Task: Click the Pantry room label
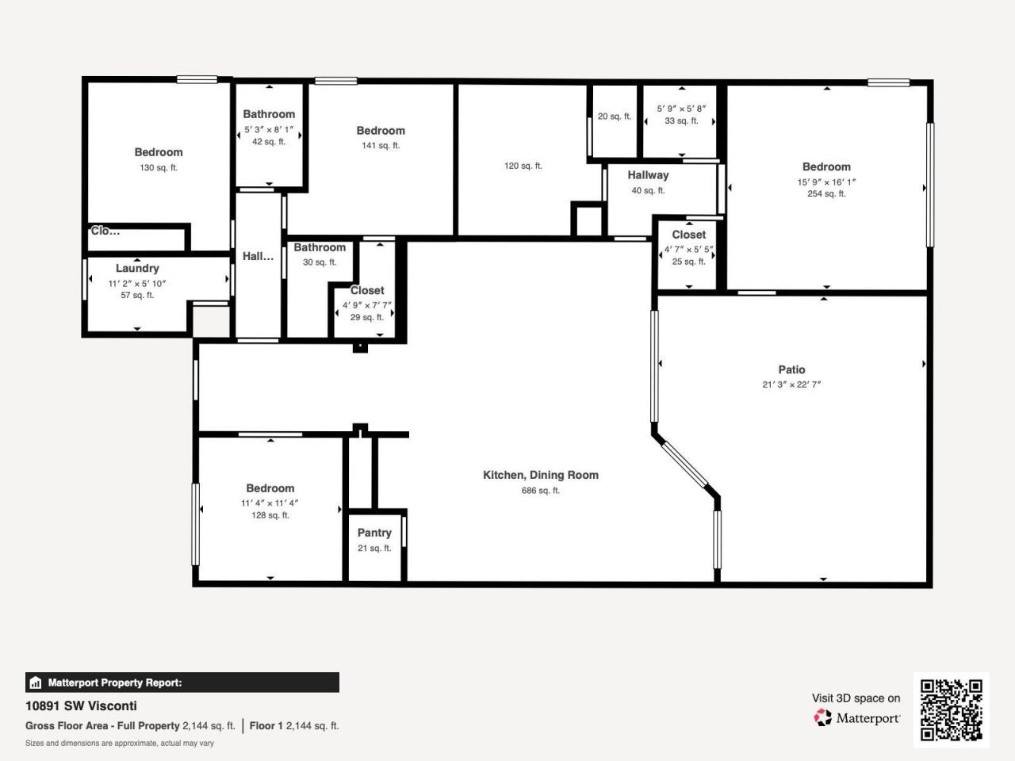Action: (374, 533)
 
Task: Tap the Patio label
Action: (791, 369)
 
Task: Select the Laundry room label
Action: (137, 268)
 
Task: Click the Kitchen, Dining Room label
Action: (541, 475)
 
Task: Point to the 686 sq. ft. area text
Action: (541, 491)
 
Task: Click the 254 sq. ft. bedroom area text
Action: (826, 193)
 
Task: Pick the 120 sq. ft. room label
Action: (523, 166)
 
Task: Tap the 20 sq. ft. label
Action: (615, 117)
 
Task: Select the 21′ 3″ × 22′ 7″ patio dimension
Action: (791, 384)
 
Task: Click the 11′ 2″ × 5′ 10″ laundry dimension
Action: (137, 283)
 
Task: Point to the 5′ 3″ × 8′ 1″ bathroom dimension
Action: (269, 129)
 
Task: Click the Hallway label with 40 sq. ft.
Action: (648, 175)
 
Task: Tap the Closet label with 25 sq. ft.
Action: (688, 235)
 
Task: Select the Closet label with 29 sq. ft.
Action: (367, 290)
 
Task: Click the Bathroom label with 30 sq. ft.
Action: (320, 247)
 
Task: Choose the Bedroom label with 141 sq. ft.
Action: (381, 131)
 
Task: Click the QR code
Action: (951, 709)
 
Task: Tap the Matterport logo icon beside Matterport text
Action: (823, 718)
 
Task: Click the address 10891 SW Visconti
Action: (81, 706)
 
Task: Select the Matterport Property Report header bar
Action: (182, 683)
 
